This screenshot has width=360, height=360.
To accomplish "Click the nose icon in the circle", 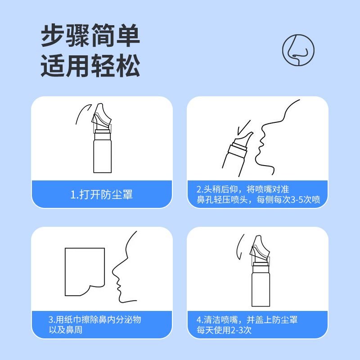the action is click(298, 50).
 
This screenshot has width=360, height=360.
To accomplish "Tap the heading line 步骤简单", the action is click(90, 36).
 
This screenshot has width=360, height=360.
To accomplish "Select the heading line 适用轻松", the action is click(90, 66).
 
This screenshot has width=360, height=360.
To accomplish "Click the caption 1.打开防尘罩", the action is click(102, 194).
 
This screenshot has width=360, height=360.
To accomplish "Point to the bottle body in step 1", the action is click(103, 157).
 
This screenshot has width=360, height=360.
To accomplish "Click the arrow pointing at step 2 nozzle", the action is click(243, 128).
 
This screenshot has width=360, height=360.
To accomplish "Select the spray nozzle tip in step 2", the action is click(251, 133).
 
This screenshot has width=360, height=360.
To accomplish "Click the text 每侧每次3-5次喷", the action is click(288, 199).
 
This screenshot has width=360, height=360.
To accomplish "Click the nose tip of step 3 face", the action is click(113, 272).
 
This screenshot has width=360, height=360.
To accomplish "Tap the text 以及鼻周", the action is click(65, 330).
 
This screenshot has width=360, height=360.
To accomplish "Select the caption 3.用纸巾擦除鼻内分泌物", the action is click(95, 319).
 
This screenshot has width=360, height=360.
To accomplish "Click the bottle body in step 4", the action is click(261, 289).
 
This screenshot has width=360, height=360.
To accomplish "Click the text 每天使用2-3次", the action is click(224, 330).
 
